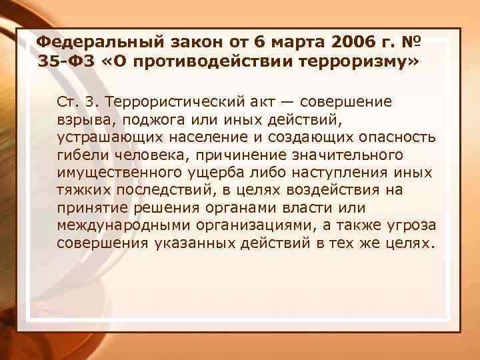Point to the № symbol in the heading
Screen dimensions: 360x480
point(410,43)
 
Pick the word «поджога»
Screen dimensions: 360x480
point(148,121)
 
